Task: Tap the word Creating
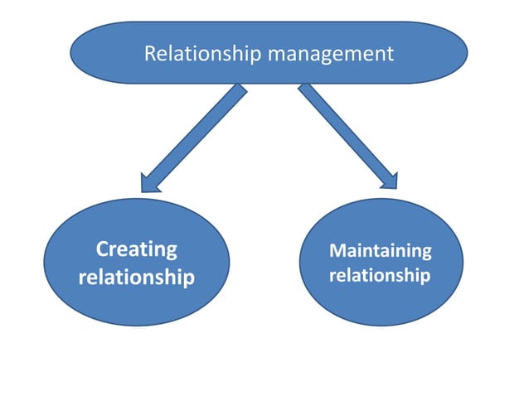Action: (x=137, y=249)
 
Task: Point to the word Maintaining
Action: (x=381, y=250)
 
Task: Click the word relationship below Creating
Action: (x=137, y=277)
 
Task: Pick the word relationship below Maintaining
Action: (x=380, y=274)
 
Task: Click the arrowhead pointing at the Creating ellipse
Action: (x=150, y=181)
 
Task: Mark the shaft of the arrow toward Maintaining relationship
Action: (x=344, y=132)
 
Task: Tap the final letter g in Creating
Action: (x=170, y=252)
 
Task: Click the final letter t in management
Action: (x=391, y=55)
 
